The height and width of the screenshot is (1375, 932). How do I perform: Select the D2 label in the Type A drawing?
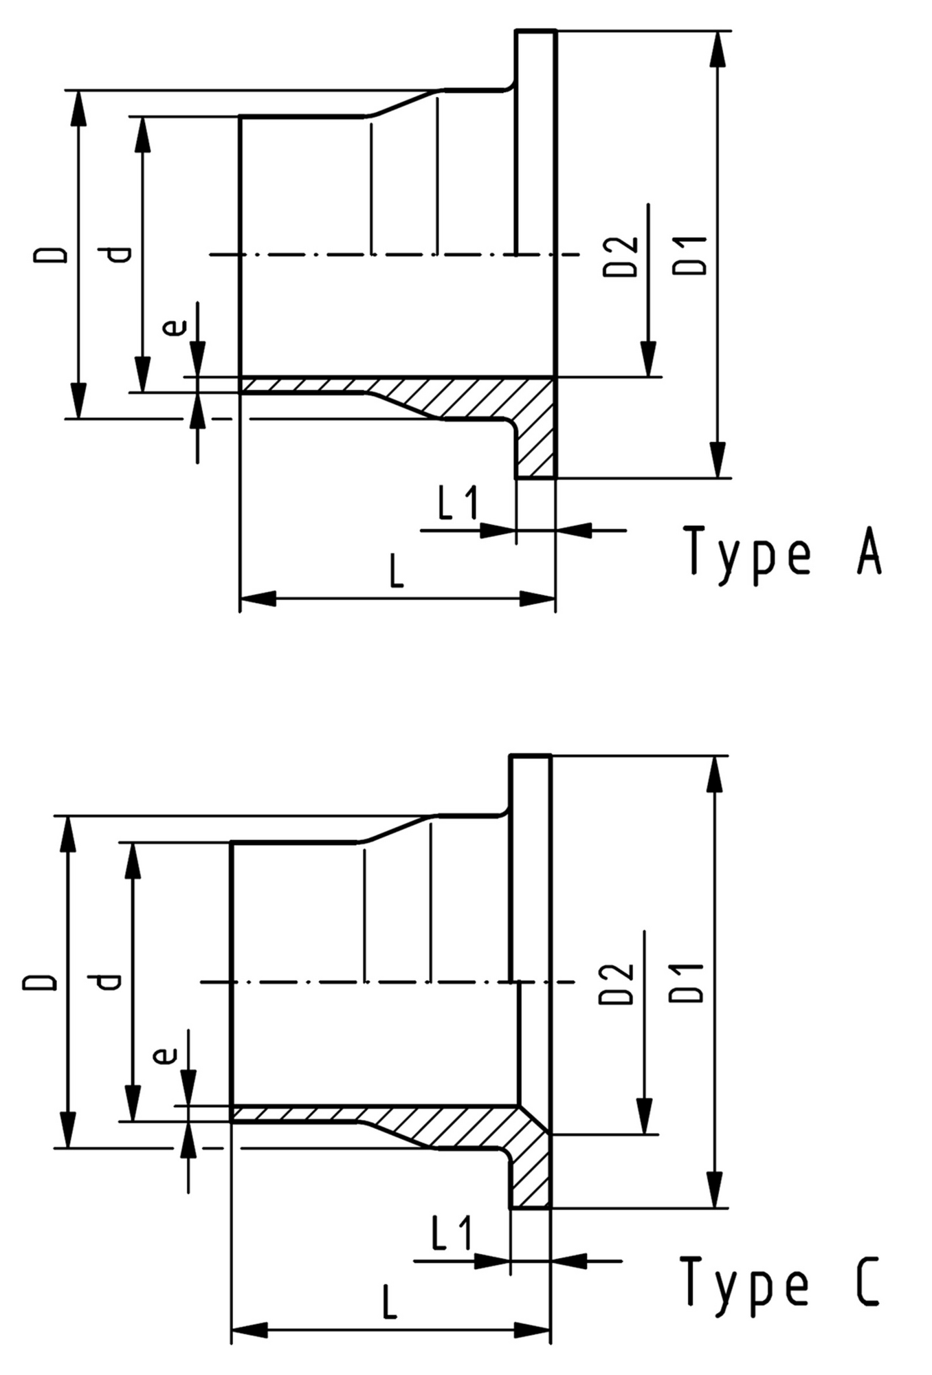point(621,256)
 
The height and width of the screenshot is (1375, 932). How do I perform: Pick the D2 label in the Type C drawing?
point(616,984)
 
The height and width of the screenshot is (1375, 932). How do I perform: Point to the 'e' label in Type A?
point(175,326)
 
